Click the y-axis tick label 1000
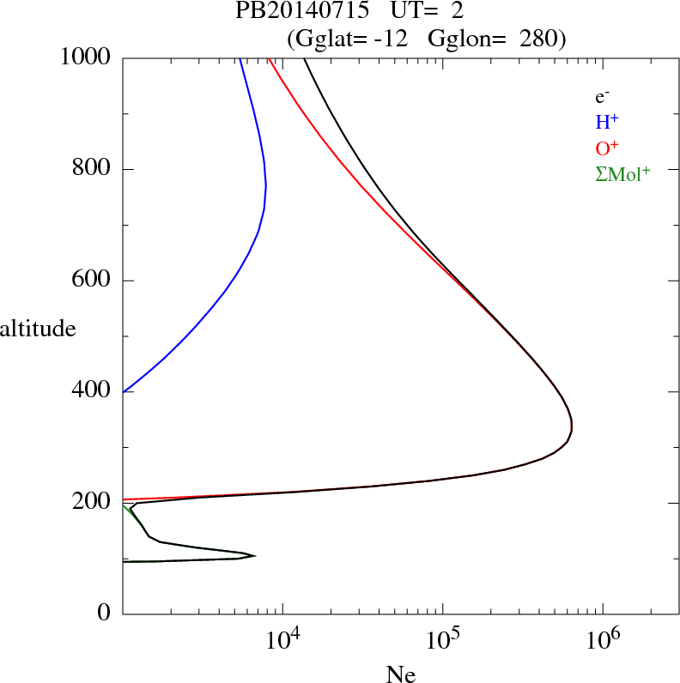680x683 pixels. tap(85, 57)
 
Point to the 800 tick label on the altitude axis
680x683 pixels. tap(91, 169)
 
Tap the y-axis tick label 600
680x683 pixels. tap(91, 281)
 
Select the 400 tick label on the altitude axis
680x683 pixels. tap(91, 391)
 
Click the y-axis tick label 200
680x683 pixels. tap(91, 502)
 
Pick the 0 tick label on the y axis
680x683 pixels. tap(105, 613)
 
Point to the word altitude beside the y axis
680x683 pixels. tap(38, 328)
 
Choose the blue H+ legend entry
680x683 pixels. tap(607, 122)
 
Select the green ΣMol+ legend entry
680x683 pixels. tap(622, 172)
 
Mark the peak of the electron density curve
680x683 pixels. tap(572, 426)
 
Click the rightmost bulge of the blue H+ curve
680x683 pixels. tap(266, 185)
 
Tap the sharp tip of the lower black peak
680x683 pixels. tap(255, 556)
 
